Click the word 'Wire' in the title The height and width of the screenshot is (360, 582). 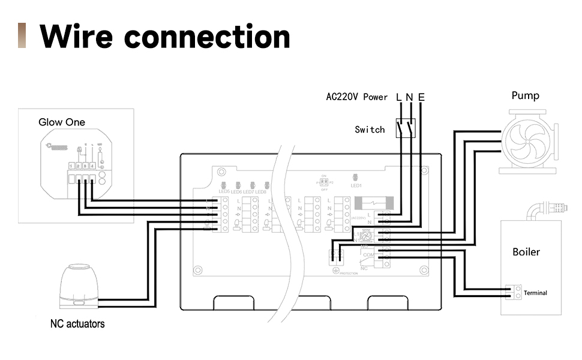(x=76, y=37)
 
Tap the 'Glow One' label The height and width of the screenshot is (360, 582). (x=62, y=122)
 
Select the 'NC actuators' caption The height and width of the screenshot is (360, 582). (x=77, y=324)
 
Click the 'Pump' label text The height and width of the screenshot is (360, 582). (x=525, y=96)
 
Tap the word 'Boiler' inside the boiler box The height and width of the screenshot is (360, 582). (x=526, y=252)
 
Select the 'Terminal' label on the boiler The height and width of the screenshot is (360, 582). (x=535, y=293)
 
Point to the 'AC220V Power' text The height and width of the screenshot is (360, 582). (x=356, y=97)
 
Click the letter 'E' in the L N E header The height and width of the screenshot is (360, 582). (x=421, y=97)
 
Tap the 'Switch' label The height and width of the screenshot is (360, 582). (x=370, y=130)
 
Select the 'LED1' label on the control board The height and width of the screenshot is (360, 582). (x=356, y=186)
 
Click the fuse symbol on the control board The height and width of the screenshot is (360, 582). (x=376, y=204)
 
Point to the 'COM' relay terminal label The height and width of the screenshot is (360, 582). (x=368, y=255)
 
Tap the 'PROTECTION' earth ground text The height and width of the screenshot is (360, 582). (x=349, y=273)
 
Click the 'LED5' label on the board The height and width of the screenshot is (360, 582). (x=224, y=191)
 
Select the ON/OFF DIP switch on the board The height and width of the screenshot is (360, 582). (x=324, y=181)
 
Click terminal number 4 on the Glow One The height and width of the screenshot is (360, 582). (x=92, y=166)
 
